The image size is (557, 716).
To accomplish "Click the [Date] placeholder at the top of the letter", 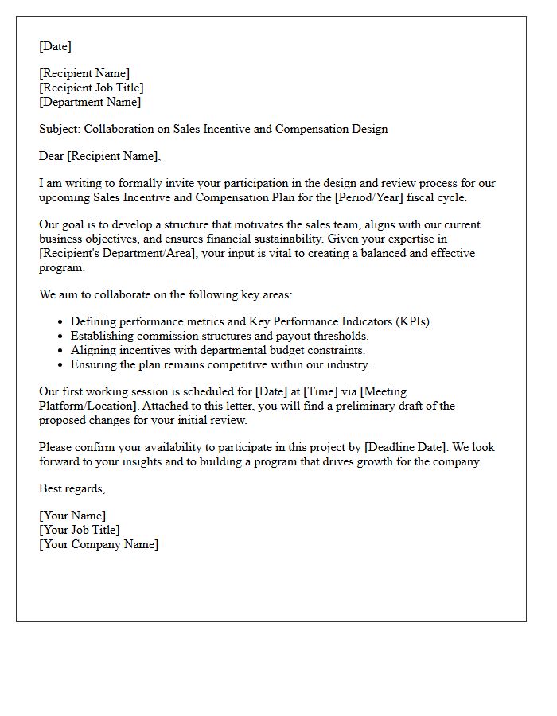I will (55, 46).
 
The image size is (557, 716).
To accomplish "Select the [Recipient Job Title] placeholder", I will (92, 88).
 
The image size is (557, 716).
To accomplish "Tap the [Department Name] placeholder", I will (90, 102).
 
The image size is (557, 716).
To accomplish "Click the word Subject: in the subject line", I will (60, 129).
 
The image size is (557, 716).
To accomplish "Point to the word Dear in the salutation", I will (52, 156).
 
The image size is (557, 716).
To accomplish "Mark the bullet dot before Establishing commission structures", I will (60, 336).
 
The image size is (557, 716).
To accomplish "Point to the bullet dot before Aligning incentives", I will (60, 350).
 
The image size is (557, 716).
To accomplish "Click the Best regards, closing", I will (72, 488).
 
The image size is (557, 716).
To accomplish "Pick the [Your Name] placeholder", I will (72, 516).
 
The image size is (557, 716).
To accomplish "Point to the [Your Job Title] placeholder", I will (80, 530).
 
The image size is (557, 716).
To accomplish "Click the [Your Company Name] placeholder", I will (99, 544).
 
